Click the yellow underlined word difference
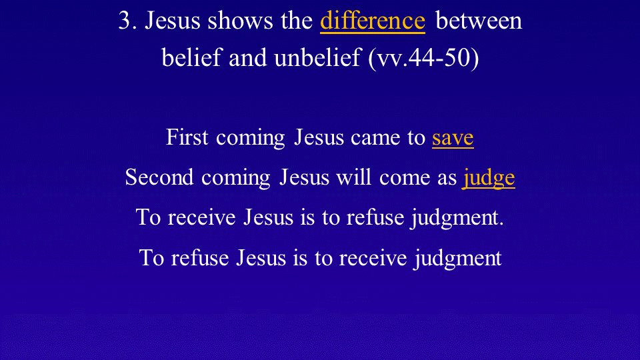(x=372, y=21)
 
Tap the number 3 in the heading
(x=124, y=21)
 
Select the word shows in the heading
(x=240, y=21)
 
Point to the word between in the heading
(x=479, y=21)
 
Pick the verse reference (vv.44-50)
(x=423, y=58)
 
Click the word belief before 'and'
(x=191, y=57)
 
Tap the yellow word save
(x=453, y=138)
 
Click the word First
(x=187, y=137)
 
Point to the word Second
(x=159, y=177)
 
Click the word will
(x=353, y=177)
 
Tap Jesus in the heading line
(x=172, y=21)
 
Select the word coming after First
(x=250, y=139)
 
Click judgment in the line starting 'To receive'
(x=457, y=218)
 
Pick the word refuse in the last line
(x=199, y=258)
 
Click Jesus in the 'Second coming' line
(x=304, y=177)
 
